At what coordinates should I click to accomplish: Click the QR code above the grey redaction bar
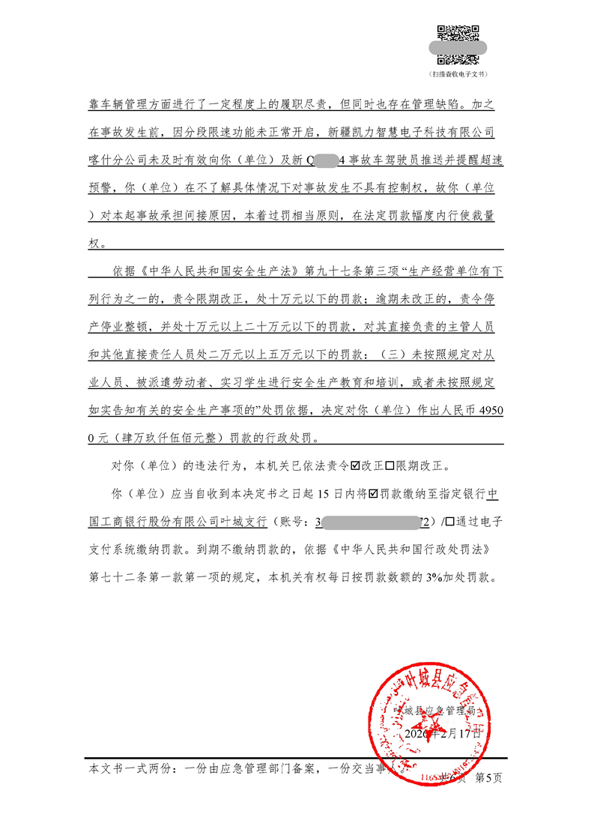click(458, 32)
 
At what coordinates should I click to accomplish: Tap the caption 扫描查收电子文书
click(458, 75)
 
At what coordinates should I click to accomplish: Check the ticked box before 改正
click(355, 465)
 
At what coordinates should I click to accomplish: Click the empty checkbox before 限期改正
click(390, 465)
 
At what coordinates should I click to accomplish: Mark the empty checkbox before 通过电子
click(449, 521)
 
